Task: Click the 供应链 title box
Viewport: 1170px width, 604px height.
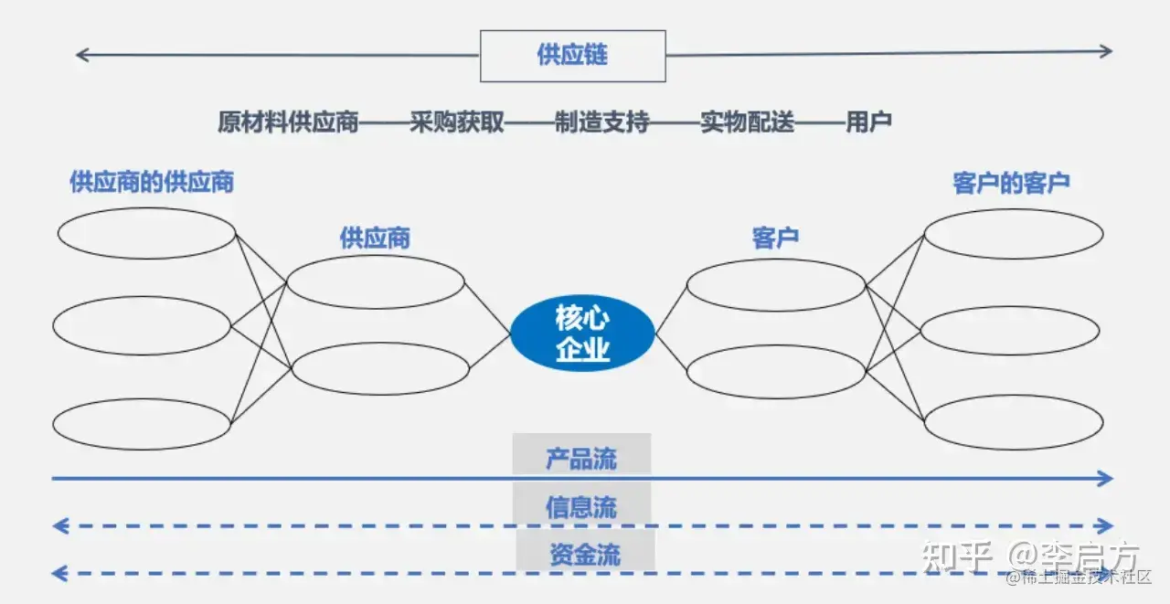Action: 572,56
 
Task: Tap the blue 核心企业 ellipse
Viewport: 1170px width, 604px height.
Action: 582,334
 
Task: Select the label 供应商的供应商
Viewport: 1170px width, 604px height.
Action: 152,182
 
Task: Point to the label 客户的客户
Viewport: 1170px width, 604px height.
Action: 1011,183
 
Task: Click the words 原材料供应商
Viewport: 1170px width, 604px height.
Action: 288,122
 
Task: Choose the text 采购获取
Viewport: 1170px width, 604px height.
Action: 457,122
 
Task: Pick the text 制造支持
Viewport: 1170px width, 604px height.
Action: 601,122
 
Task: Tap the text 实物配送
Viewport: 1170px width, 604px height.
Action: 748,122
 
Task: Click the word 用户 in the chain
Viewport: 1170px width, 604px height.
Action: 868,122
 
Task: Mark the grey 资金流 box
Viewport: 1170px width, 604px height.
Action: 585,553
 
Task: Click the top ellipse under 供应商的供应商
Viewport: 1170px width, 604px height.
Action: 146,233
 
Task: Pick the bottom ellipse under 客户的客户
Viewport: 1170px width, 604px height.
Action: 1013,422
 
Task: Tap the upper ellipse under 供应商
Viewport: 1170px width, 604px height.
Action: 376,281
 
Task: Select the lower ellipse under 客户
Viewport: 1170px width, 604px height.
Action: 775,371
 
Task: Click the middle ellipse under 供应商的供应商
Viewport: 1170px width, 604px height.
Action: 142,325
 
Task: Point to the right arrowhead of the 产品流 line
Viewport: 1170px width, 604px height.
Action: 1106,478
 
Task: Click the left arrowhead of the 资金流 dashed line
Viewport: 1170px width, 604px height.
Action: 58,574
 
